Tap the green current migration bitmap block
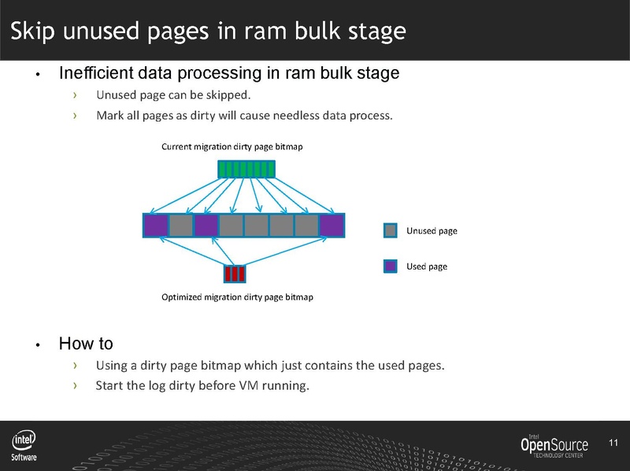coord(246,169)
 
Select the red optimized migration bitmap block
coord(235,274)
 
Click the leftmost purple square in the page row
coord(156,226)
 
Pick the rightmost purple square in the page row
coord(332,226)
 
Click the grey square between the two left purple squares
coord(181,226)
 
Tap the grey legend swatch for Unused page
coord(391,230)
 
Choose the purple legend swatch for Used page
coord(391,267)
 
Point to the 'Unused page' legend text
coord(432,231)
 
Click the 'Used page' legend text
coord(427,267)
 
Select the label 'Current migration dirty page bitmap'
coord(232,147)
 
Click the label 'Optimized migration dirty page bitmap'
coord(237,297)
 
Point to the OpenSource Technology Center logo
coord(554,446)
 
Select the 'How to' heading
coord(85,344)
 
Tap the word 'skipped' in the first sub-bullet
coord(229,96)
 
